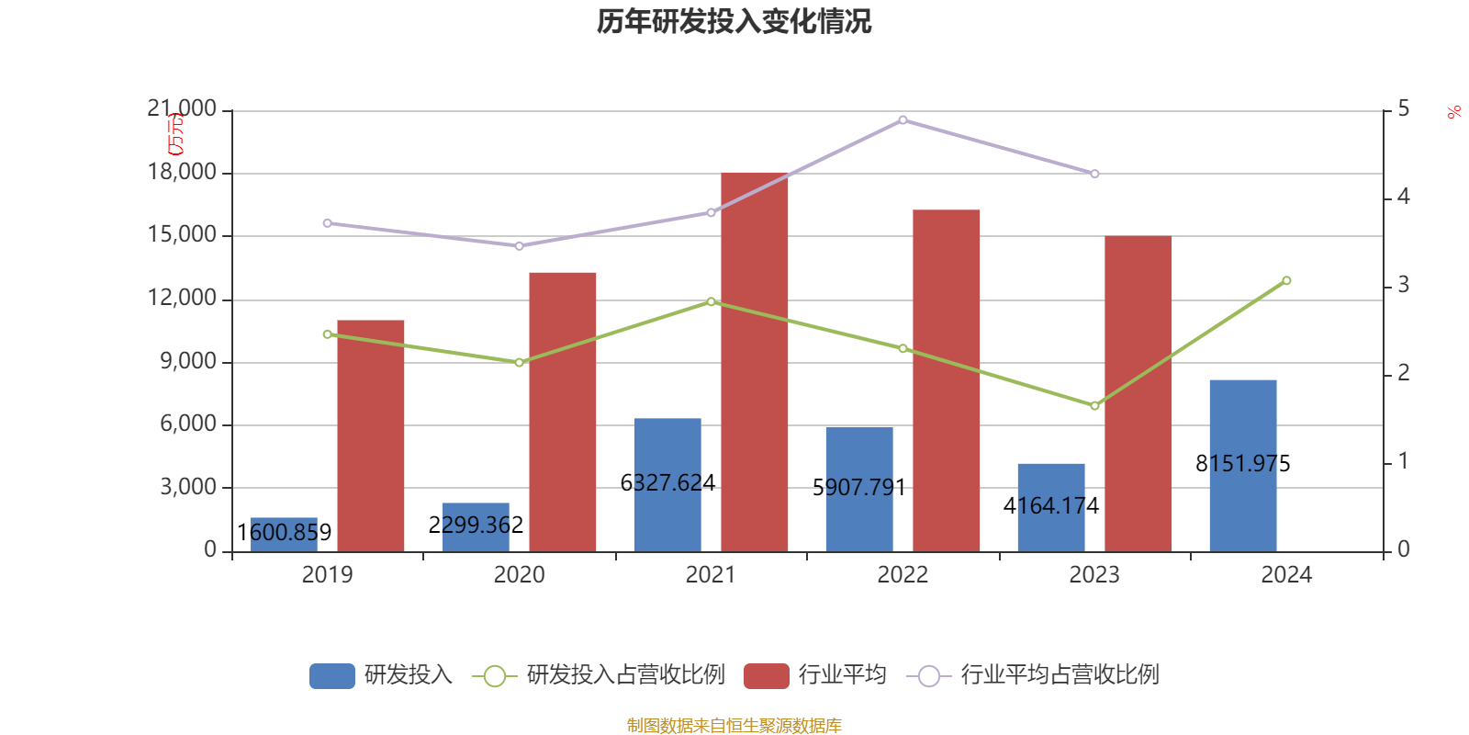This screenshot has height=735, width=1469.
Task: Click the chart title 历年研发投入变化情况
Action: [734, 21]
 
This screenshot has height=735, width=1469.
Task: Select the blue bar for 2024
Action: [1242, 465]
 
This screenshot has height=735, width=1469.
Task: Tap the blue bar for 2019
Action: [284, 535]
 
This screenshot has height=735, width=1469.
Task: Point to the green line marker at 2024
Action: [1286, 280]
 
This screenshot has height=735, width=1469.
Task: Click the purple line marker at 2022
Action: [903, 119]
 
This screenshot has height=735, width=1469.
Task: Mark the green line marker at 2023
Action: [1094, 405]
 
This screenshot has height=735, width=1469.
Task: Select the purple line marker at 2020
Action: [519, 246]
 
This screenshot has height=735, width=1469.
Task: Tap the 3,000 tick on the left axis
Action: [188, 487]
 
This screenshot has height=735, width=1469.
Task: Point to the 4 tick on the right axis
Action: [1403, 197]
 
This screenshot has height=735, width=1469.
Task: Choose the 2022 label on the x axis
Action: [903, 575]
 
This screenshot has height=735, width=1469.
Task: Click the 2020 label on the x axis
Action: [519, 575]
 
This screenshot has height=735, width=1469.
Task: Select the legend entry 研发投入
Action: [381, 675]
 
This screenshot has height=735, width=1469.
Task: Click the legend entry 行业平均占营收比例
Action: [1033, 675]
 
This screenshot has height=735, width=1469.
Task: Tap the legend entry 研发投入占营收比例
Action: [599, 675]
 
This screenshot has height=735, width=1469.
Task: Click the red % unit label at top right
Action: [1453, 112]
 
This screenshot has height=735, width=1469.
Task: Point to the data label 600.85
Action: [284, 532]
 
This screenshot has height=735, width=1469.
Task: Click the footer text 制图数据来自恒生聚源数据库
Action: [734, 726]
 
